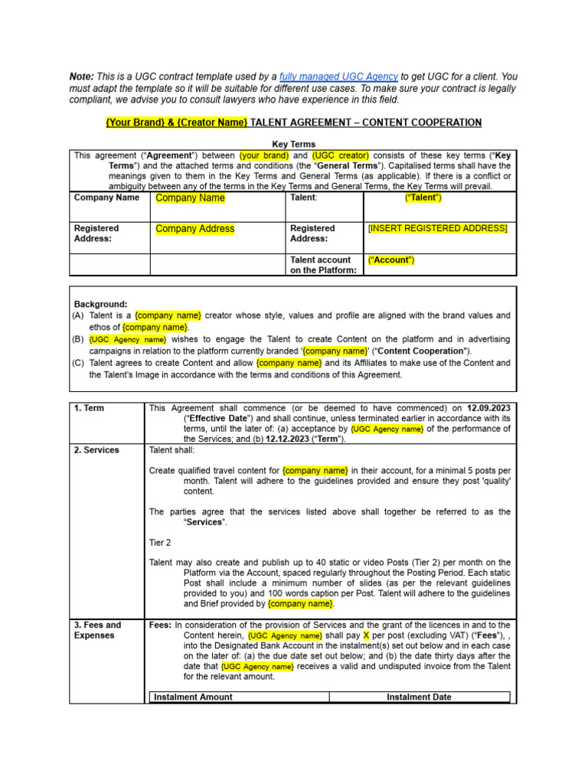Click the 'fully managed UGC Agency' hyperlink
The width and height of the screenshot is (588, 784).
(x=338, y=77)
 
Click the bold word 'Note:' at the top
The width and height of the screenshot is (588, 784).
(x=82, y=77)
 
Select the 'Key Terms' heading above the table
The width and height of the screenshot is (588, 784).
(x=293, y=144)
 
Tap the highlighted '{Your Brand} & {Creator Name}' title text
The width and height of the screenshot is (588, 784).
(x=176, y=122)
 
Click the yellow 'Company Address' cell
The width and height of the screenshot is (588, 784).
(x=194, y=229)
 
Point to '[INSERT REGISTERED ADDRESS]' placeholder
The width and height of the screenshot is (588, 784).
(x=437, y=228)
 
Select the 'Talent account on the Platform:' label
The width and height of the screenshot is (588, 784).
(x=322, y=265)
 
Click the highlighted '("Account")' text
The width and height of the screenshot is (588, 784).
(x=391, y=260)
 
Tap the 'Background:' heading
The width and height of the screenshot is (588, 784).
(x=100, y=304)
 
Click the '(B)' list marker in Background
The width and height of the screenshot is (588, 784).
(x=78, y=338)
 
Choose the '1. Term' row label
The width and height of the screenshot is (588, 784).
(x=89, y=408)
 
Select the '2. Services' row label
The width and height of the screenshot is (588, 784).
(x=96, y=450)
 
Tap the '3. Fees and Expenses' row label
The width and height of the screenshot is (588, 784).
(x=97, y=630)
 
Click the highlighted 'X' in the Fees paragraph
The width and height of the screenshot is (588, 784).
(x=366, y=635)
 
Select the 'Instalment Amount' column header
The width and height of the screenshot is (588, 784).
(x=193, y=697)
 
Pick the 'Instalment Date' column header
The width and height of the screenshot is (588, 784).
(x=419, y=697)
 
